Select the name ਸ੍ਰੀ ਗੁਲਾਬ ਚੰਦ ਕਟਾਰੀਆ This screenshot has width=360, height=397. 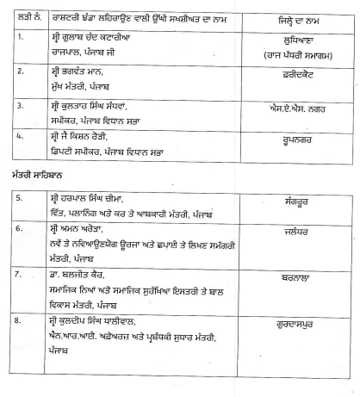coord(102,37)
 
